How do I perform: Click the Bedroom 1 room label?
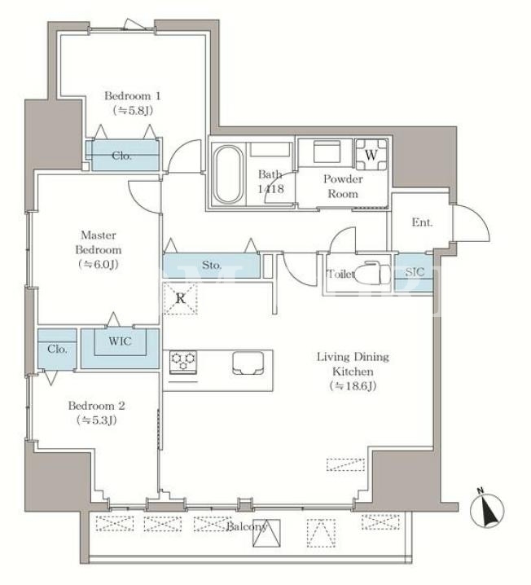pyautogui.click(x=133, y=96)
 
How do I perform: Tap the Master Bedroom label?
pyautogui.click(x=98, y=243)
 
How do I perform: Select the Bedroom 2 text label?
pyautogui.click(x=97, y=406)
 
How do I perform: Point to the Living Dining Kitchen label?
pyautogui.click(x=353, y=364)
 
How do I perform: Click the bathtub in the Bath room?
pyautogui.click(x=228, y=174)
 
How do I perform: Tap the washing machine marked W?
pyautogui.click(x=371, y=155)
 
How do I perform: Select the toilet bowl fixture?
pyautogui.click(x=372, y=274)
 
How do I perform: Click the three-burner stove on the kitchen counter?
pyautogui.click(x=183, y=362)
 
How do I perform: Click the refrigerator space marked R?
pyautogui.click(x=181, y=298)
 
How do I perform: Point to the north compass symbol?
pyautogui.click(x=487, y=509)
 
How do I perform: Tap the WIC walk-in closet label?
pyautogui.click(x=120, y=341)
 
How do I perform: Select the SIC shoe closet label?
pyautogui.click(x=415, y=272)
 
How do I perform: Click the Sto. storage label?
pyautogui.click(x=212, y=266)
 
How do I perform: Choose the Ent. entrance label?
pyautogui.click(x=422, y=222)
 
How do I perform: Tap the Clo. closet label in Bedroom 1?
pyautogui.click(x=121, y=156)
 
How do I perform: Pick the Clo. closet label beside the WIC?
pyautogui.click(x=57, y=350)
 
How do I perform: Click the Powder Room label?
pyautogui.click(x=343, y=186)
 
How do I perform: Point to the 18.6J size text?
pyautogui.click(x=353, y=386)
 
